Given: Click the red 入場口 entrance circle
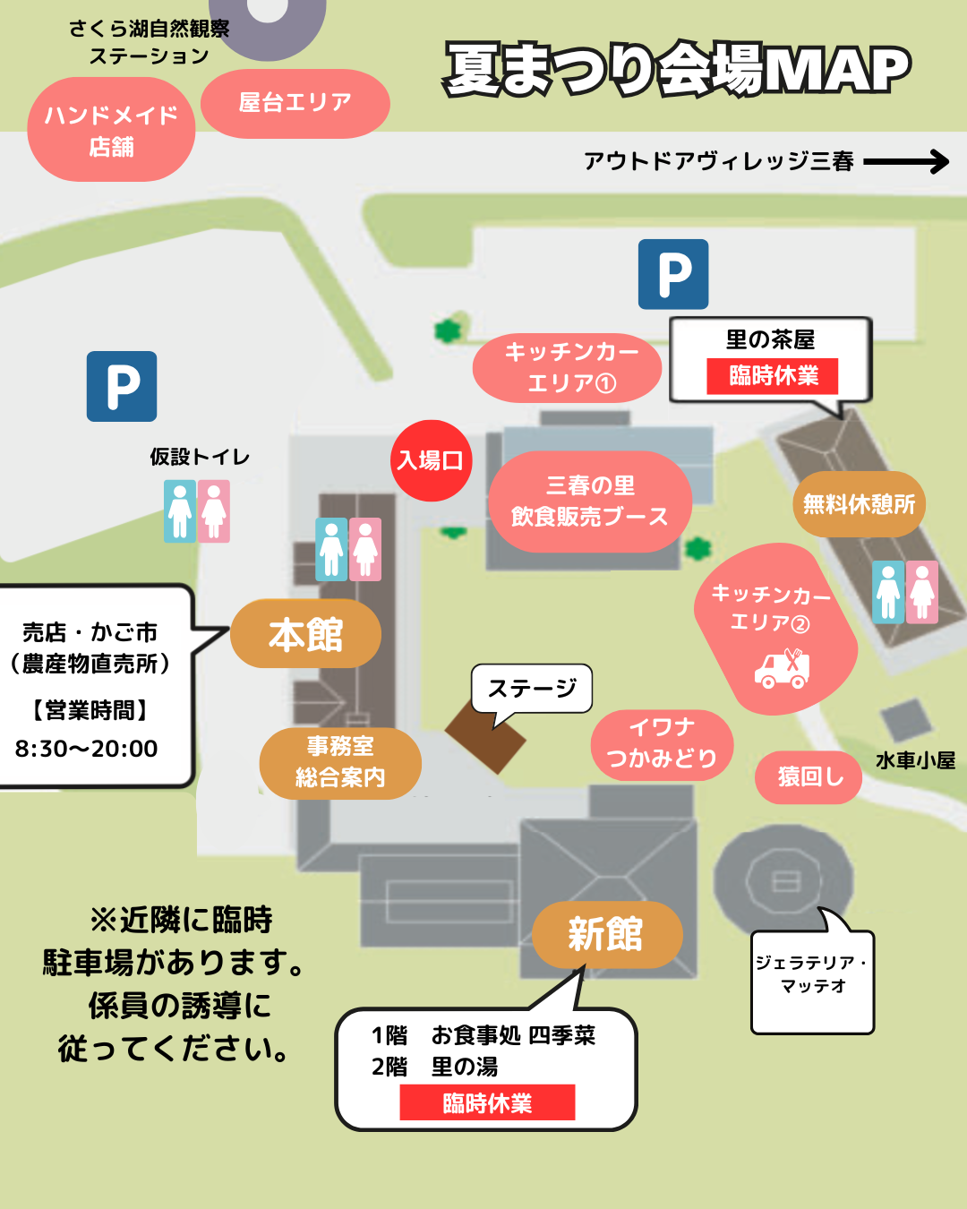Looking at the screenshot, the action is pos(431,460).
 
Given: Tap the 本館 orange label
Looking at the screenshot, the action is pos(305,633).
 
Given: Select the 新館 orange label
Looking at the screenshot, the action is pos(607,934).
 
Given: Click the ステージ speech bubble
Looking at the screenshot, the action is pos(532,689).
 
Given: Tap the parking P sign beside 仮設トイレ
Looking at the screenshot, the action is pos(122,386).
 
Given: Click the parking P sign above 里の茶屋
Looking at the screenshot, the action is pos(673,274).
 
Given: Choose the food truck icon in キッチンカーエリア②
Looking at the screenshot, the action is pos(783,669).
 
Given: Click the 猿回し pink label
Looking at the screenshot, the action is pos(808,777).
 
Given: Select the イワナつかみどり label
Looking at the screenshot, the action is pos(662,744).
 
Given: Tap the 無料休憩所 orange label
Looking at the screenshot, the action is pos(859,504).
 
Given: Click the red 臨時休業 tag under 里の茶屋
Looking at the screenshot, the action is pos(772,376).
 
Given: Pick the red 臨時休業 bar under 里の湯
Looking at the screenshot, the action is pos(487,1102).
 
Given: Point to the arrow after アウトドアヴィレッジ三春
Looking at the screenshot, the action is pos(906,162).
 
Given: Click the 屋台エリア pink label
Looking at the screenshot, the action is pos(295,103).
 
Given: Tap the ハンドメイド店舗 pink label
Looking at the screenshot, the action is pos(111,130).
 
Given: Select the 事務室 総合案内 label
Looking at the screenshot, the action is pos(340,763).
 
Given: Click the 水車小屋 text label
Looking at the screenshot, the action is pos(915,760).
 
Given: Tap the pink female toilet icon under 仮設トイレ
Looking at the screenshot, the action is pos(213,510).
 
